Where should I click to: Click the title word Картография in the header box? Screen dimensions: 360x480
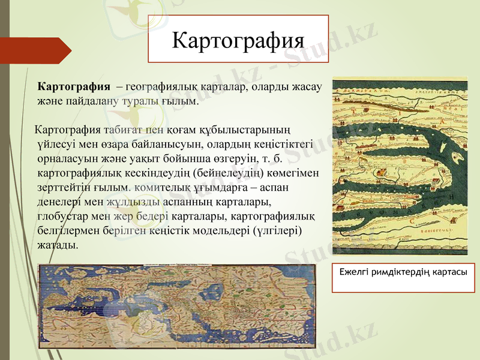[238, 40]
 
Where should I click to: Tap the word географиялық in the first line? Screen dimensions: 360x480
[162, 86]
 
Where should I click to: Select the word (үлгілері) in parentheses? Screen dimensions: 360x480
[277, 232]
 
